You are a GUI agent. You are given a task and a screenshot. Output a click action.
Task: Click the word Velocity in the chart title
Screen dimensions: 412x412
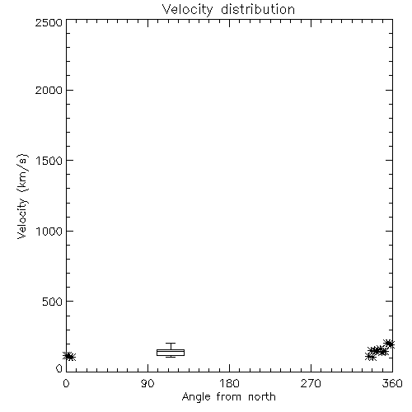point(188,10)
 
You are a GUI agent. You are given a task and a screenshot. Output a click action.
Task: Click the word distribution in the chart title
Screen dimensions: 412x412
point(258,9)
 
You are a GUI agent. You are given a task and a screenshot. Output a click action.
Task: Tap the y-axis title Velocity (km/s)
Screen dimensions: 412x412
point(22,196)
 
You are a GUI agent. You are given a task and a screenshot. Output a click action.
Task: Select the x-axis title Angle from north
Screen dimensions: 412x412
point(228,397)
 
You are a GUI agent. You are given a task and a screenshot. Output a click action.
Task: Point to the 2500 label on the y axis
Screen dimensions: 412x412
point(49,22)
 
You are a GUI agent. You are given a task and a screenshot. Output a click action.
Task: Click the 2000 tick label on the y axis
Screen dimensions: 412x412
point(49,90)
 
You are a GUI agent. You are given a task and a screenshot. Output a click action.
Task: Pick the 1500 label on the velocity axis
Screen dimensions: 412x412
point(49,161)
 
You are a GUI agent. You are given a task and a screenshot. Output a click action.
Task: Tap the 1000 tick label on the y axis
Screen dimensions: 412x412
point(49,231)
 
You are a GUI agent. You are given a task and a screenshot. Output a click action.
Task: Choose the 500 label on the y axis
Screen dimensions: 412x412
point(53,302)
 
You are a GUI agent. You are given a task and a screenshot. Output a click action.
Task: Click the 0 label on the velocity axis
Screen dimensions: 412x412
point(59,368)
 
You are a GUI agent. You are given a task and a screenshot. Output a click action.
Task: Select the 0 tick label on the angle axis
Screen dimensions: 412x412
point(66,383)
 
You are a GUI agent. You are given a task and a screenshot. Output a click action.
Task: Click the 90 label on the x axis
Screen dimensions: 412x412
point(147,383)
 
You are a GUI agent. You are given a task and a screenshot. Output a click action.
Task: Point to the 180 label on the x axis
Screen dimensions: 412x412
point(229,383)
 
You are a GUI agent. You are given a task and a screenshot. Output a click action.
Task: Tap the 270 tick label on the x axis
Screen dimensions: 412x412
point(311,383)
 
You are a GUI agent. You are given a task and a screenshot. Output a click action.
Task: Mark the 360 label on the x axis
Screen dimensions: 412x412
point(392,383)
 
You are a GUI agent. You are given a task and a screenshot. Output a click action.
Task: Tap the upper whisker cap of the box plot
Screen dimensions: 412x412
point(171,343)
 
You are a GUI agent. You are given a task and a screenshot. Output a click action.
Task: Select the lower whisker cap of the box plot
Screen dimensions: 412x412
point(171,357)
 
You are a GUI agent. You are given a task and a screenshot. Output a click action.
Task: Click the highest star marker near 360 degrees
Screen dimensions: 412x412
point(389,344)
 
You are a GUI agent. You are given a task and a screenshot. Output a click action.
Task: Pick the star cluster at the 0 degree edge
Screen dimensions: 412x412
point(69,356)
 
